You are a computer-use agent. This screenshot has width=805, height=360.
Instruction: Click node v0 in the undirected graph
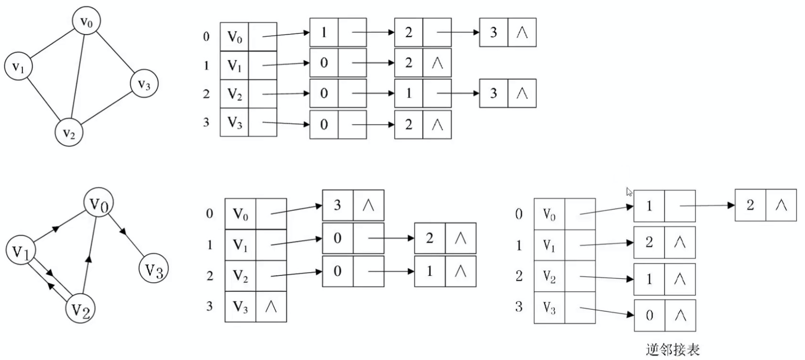coord(86,21)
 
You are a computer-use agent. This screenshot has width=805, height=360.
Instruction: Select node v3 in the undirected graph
coord(144,84)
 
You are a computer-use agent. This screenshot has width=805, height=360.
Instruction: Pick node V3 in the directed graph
coord(154,270)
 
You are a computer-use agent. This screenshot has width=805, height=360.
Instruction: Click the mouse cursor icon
coord(629,192)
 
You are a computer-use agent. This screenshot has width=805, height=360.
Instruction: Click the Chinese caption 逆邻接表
coord(673,350)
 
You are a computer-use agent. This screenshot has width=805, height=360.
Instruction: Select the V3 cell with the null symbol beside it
coord(241,306)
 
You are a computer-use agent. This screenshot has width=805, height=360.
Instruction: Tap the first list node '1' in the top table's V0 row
coord(324,33)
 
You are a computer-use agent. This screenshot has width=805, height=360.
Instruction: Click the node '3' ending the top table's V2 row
coord(494,93)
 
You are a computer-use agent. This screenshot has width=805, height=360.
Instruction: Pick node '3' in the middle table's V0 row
coord(338,206)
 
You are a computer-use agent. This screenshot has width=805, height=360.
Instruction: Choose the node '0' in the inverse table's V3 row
coord(649,315)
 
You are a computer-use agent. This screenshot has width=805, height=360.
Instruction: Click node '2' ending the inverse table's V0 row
coord(750,206)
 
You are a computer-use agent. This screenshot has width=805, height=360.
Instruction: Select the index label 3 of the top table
coord(206,122)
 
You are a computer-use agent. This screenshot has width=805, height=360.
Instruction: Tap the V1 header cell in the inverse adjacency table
coord(549,245)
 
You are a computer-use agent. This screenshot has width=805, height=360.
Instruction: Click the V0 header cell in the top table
coord(234,37)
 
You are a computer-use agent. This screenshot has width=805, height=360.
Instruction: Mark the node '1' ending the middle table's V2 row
coord(430,271)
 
